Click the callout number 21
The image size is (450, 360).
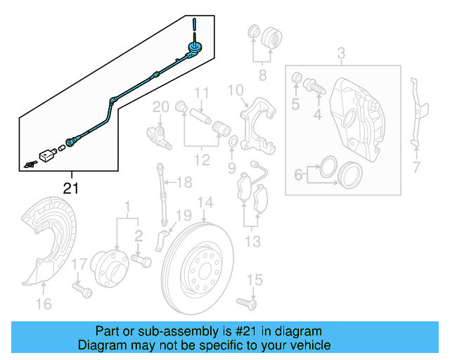tap(71, 188)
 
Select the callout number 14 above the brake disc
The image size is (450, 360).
tap(205, 204)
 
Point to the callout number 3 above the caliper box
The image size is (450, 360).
tap(341, 53)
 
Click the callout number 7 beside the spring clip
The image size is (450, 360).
tap(416, 167)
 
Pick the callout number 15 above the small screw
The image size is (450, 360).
tap(254, 281)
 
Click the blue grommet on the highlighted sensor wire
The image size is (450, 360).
tap(192, 47)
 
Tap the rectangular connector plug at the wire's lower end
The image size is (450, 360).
tap(48, 153)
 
